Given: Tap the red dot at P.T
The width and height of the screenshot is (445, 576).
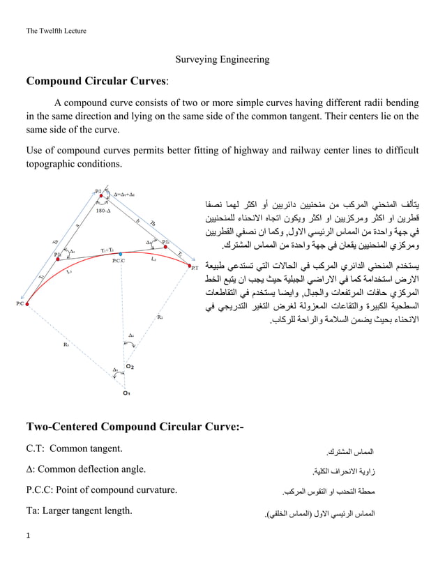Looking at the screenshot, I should point(188,266).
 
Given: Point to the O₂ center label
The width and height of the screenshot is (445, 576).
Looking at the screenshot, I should point(130,365).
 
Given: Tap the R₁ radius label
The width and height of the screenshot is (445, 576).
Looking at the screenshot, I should point(66,344).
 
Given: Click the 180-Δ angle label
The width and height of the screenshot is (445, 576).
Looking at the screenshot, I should point(103,209).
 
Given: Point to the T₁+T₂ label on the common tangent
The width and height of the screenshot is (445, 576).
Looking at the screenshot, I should point(107,249).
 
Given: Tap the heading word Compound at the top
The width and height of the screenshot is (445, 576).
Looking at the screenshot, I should point(59,81).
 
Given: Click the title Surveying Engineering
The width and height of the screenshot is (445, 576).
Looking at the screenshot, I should point(222,59).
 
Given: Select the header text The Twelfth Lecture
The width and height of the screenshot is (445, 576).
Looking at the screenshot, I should point(56,30).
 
